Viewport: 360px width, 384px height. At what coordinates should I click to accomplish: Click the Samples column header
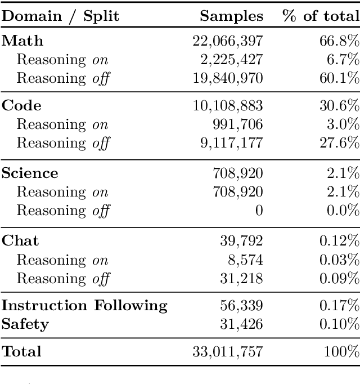click(x=232, y=16)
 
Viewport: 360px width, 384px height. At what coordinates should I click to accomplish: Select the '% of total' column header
click(x=321, y=16)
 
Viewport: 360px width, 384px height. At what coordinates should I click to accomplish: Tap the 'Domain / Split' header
click(x=60, y=16)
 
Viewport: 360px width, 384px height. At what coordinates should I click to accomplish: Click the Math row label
click(x=22, y=41)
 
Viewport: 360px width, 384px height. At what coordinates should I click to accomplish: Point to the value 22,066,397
click(x=227, y=41)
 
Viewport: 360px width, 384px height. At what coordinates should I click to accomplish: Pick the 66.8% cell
click(x=341, y=41)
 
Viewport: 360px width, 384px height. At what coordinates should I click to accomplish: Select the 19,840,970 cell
click(x=227, y=78)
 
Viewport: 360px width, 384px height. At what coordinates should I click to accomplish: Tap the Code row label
click(x=21, y=106)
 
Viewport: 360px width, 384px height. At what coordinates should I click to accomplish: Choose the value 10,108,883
click(x=227, y=106)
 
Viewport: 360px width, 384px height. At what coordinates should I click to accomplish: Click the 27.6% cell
click(x=341, y=143)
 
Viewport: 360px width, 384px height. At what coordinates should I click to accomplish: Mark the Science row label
click(x=30, y=173)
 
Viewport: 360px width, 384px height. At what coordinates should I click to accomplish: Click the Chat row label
click(x=21, y=241)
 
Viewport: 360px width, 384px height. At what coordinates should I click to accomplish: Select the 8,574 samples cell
click(x=246, y=260)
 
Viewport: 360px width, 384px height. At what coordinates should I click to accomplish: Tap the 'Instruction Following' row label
click(x=84, y=306)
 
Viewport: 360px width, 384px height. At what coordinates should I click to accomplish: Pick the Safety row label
click(x=25, y=324)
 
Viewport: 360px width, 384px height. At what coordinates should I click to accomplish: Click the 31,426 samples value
click(x=242, y=324)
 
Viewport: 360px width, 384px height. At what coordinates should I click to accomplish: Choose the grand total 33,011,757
click(x=227, y=352)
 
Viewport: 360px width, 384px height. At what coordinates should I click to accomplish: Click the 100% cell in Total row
click(x=341, y=352)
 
